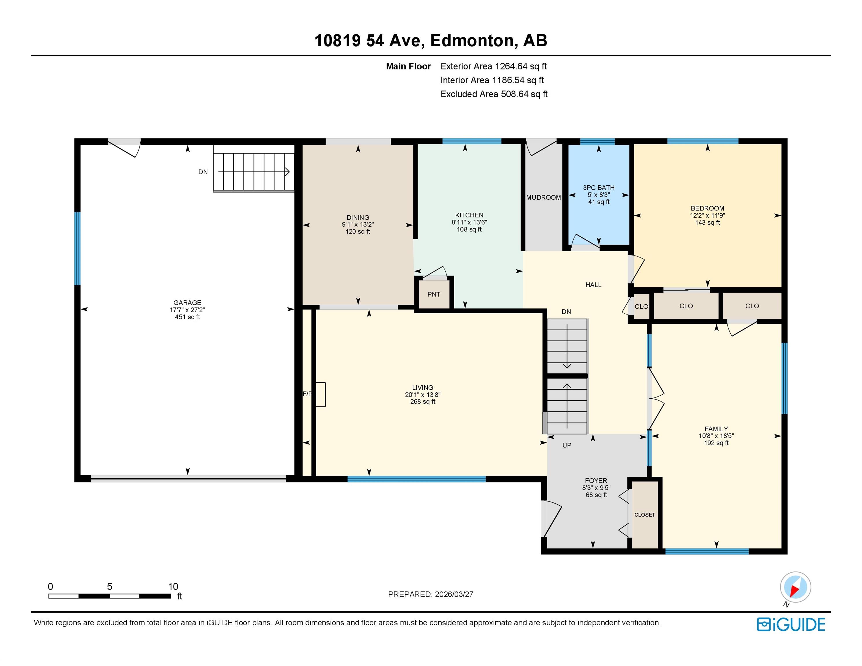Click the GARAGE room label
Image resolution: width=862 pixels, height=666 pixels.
[187, 303]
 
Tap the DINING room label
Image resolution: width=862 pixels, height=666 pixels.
[358, 217]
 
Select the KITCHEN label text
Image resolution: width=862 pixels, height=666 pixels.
[469, 215]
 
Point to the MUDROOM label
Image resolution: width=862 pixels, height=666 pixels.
[544, 197]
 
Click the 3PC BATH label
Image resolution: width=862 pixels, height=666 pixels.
[599, 188]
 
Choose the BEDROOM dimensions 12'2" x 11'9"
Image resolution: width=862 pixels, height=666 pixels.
[707, 215]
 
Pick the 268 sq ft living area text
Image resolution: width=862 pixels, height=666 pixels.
[423, 402]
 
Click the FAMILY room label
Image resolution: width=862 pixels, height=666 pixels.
[716, 429]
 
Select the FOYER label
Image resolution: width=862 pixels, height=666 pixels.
[596, 480]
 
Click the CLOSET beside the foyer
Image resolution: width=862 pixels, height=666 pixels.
[645, 515]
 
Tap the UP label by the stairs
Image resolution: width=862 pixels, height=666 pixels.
[567, 445]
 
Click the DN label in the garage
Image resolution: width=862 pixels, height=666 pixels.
[203, 172]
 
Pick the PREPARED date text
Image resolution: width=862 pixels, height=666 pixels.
[431, 594]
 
